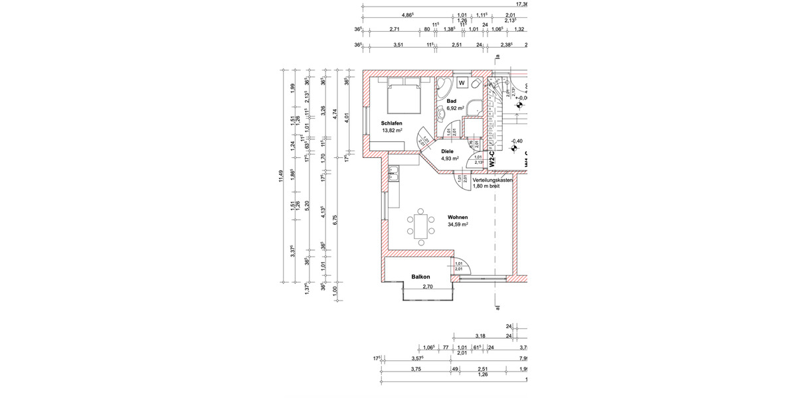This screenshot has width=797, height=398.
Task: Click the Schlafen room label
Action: click(x=391, y=123)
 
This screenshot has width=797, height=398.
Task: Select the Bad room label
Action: click(x=452, y=100)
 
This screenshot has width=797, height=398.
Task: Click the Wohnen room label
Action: click(x=458, y=218)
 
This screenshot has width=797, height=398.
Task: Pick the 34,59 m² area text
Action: click(x=458, y=225)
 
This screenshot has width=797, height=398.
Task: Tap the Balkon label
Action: click(x=420, y=277)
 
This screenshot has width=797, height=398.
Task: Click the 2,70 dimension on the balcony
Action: click(x=428, y=286)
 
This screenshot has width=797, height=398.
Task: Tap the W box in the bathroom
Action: click(x=480, y=83)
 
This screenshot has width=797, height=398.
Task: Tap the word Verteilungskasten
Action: click(x=492, y=180)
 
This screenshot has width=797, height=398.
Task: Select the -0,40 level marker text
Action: click(x=517, y=141)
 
